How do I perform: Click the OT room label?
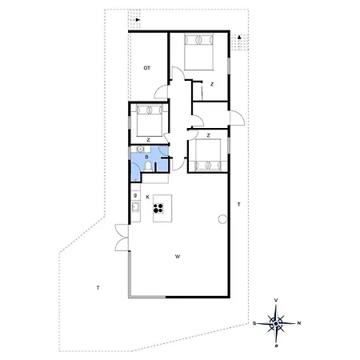147,68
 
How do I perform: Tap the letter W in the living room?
177,257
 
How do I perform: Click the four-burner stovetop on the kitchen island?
158,210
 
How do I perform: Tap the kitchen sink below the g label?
136,209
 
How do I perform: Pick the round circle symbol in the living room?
221,218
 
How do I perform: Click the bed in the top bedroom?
197,54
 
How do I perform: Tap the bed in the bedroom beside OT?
149,120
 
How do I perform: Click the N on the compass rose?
299,323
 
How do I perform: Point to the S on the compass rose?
255,323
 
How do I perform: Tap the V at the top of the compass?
277,301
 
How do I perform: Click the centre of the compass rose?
277,323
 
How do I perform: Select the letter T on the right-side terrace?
238,206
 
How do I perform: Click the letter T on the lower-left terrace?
98,286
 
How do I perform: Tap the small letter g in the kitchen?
136,195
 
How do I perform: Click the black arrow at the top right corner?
239,36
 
